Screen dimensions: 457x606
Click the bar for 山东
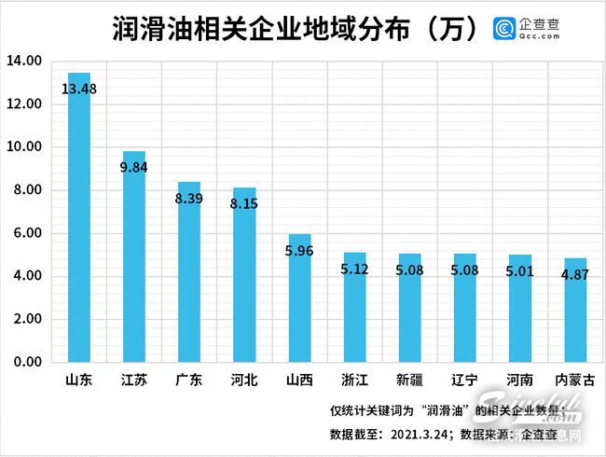(79, 224)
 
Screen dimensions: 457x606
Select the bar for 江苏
(134, 261)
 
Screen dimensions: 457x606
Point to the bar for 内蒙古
(574, 312)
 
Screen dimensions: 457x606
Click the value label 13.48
(80, 90)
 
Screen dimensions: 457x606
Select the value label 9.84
(135, 168)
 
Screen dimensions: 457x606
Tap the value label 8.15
(245, 200)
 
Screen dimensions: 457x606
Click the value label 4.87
(575, 275)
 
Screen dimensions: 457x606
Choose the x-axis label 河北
(244, 381)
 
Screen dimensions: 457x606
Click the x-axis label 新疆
(409, 381)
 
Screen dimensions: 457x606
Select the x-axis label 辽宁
(464, 381)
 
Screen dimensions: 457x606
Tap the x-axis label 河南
(519, 381)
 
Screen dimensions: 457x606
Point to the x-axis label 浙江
(354, 381)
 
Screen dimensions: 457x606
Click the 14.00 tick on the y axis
(25, 62)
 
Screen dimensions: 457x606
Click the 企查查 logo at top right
(528, 28)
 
